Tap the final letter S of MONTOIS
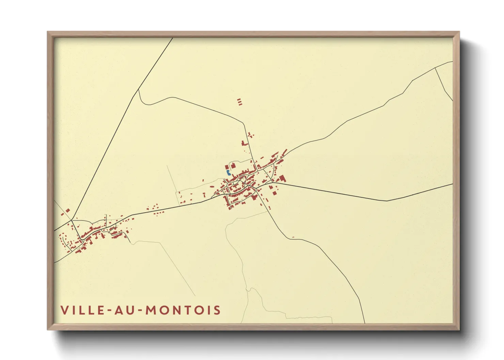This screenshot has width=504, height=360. coord(217,310)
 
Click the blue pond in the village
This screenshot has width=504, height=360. coord(227,173)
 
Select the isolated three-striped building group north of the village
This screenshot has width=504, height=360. coord(239,101)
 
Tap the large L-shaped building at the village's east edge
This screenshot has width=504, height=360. coord(282,178)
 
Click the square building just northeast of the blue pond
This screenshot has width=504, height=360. coord(233,166)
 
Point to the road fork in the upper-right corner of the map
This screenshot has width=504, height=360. coord(436,68)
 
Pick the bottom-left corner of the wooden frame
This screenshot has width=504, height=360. coord(48,329)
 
